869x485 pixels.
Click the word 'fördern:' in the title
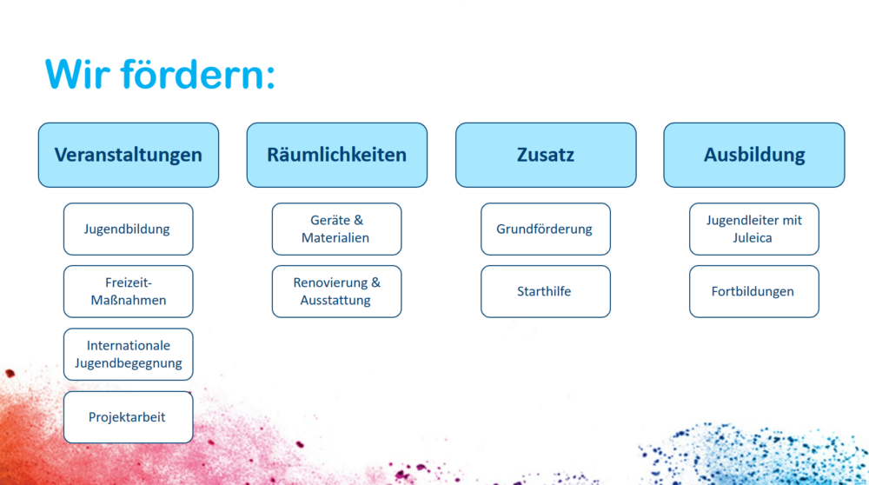coord(198,73)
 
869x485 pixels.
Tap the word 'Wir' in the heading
coord(77,74)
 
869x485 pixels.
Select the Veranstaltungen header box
coord(129,156)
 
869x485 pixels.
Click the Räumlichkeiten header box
coord(337,156)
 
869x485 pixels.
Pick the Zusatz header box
coord(546,156)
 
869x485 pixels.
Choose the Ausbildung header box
coord(754,156)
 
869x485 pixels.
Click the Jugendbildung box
coord(129,229)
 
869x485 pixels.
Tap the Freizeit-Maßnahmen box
coord(129,291)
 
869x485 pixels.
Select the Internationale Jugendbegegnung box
coord(129,354)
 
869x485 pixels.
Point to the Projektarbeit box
coord(129,417)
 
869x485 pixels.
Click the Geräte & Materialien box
coord(337,229)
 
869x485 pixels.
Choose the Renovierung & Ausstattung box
coord(337,291)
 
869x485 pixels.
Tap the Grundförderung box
coord(546,229)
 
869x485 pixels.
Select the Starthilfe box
coord(546,291)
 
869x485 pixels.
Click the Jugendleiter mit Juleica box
coord(754,229)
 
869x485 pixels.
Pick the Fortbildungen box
coord(754,291)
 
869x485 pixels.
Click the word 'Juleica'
coord(752,238)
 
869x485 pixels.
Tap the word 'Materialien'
coord(335,238)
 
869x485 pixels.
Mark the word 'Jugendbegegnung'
coord(129,363)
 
